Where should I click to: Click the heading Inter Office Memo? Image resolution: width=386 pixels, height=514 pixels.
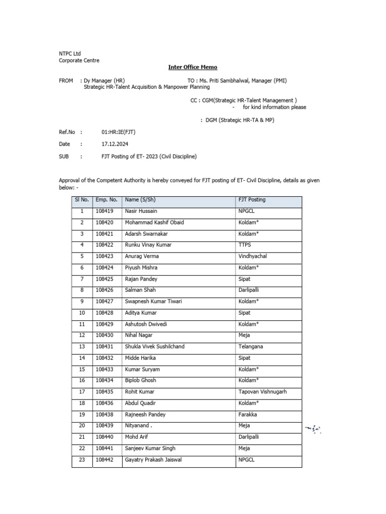[192, 67]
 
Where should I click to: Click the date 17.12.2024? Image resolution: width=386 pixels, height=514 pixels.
[115, 144]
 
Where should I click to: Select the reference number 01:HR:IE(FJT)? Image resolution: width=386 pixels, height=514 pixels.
[118, 132]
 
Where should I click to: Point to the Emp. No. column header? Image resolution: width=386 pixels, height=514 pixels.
[106, 200]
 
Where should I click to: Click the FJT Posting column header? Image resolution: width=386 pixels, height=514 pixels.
[252, 200]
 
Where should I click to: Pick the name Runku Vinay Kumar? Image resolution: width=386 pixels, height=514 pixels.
[148, 245]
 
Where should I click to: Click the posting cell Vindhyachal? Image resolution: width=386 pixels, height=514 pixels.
[252, 256]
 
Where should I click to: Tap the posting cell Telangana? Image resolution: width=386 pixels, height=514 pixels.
[250, 346]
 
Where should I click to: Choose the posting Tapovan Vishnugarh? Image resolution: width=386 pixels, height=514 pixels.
[262, 392]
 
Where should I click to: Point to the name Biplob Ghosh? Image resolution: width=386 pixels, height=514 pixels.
[141, 380]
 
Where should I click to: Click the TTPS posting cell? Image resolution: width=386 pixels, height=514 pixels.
[245, 245]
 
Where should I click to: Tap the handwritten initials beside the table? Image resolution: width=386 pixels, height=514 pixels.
[313, 429]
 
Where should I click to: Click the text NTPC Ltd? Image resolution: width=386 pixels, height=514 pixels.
[70, 54]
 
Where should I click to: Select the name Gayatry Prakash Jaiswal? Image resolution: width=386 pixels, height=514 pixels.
[153, 460]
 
